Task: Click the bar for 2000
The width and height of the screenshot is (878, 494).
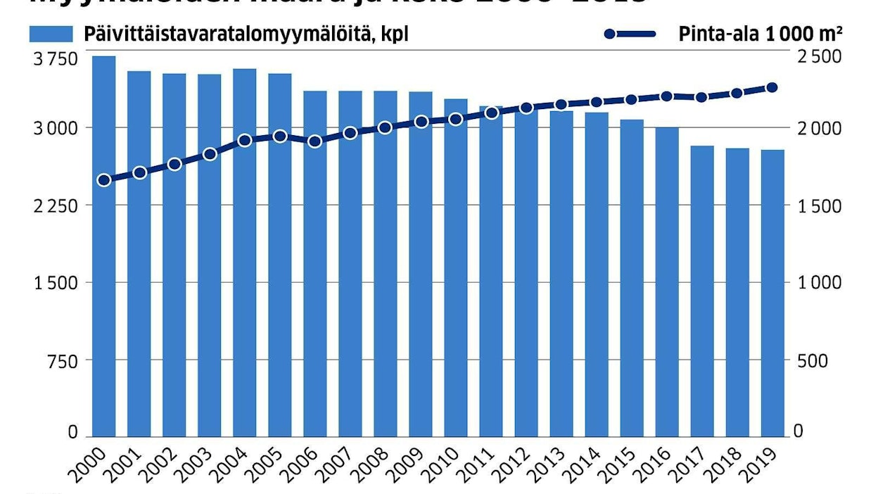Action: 104,246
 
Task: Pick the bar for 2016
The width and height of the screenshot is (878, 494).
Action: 667,281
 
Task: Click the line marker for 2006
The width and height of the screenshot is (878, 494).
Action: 315,141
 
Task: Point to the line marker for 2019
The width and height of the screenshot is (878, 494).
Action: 772,88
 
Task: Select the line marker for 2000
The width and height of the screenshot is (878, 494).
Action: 104,180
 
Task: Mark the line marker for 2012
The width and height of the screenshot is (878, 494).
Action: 526,108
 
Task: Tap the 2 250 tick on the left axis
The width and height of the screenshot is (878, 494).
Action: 53,205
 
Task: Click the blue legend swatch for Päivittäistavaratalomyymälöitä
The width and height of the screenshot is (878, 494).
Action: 51,34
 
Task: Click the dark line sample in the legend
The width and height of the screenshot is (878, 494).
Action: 630,34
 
